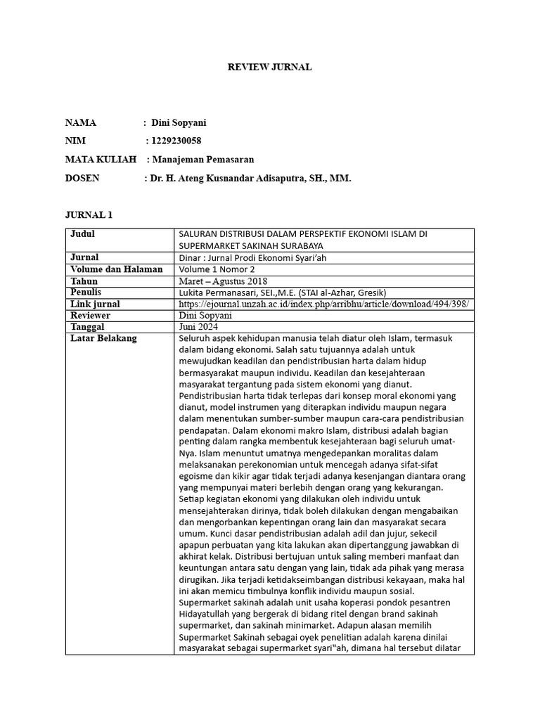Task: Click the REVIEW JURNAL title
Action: (269, 67)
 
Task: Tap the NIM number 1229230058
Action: (176, 141)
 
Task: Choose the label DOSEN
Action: (82, 179)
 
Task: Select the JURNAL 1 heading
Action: (89, 214)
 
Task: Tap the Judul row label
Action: (83, 234)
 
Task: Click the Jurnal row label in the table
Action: (84, 257)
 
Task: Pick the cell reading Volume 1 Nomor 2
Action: (217, 269)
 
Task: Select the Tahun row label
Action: (84, 281)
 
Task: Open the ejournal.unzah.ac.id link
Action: (323, 304)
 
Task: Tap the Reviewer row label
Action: (91, 316)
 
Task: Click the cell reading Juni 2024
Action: (199, 328)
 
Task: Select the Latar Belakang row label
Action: (103, 339)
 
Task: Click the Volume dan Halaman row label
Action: (117, 269)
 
